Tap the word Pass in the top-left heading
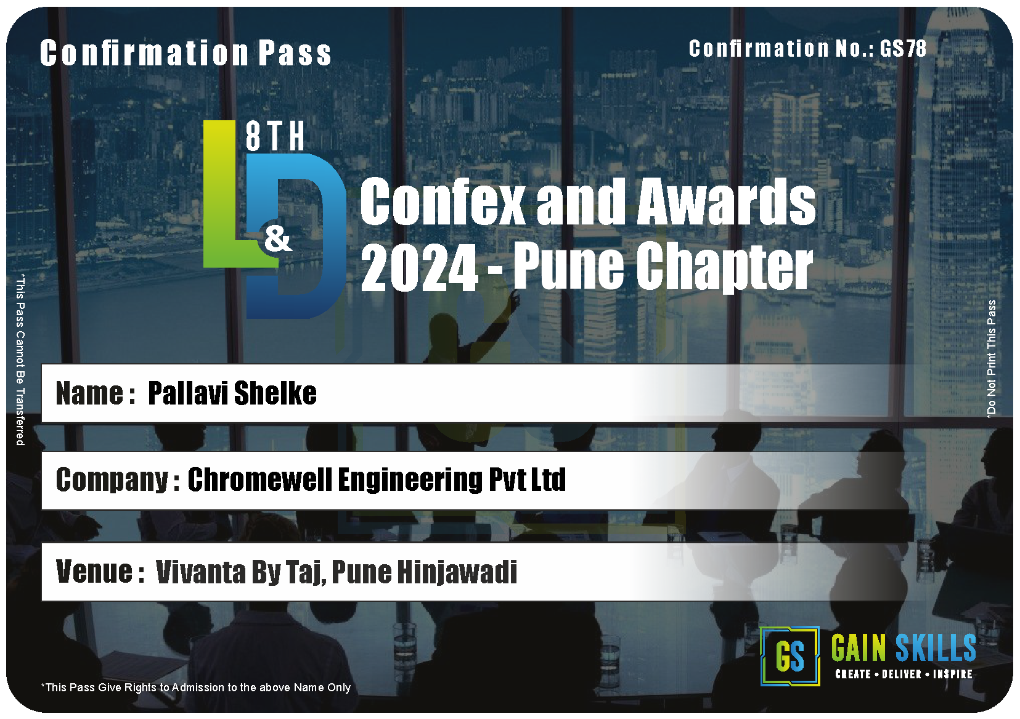295,53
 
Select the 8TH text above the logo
275,136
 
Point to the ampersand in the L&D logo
278,240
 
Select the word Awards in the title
726,201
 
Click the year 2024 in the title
419,267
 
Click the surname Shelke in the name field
275,393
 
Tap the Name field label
95,393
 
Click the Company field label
118,480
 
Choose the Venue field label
100,572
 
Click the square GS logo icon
790,656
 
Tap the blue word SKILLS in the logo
936,648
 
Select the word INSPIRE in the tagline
953,675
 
